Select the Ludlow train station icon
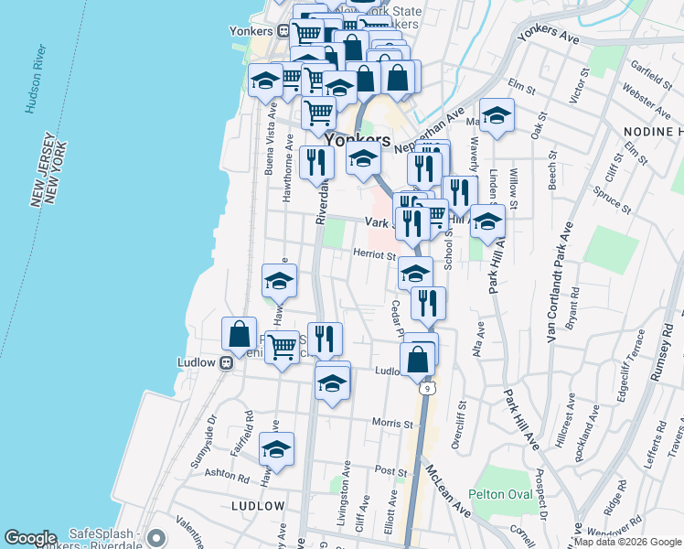[228, 362]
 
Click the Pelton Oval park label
[500, 494]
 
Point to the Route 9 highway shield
[426, 389]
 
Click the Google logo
[30, 538]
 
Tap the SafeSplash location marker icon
[156, 538]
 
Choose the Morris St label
[393, 423]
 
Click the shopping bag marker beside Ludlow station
[240, 335]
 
